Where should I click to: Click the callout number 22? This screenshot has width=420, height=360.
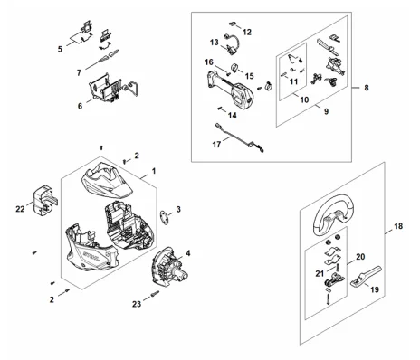click(x=20, y=209)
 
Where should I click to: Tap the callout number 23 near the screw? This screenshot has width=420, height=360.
click(x=137, y=304)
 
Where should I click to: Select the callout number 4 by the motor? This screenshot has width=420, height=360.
click(x=188, y=253)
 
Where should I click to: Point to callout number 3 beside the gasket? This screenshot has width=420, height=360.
click(x=178, y=209)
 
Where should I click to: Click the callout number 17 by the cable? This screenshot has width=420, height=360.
click(x=216, y=145)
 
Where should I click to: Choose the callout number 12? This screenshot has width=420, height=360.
click(x=247, y=32)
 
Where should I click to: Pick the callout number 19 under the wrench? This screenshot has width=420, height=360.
click(x=375, y=289)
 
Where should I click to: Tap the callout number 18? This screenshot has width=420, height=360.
click(x=398, y=226)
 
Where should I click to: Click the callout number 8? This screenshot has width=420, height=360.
click(x=367, y=88)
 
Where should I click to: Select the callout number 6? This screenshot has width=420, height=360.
click(x=80, y=106)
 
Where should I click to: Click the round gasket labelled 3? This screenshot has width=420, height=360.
click(x=165, y=217)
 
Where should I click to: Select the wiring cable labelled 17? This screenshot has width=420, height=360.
click(x=240, y=138)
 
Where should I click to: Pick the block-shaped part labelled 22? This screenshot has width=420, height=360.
click(x=44, y=201)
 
